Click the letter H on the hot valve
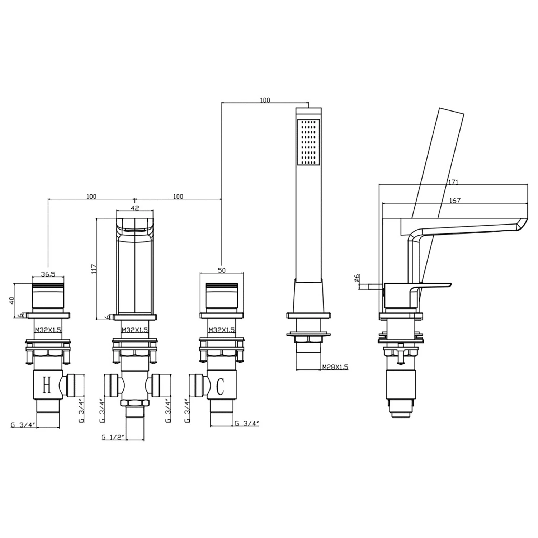tap(47, 385)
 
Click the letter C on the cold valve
tap(221, 386)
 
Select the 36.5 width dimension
tap(48, 274)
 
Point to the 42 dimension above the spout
tap(135, 208)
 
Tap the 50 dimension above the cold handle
tap(222, 270)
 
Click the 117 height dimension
tap(94, 269)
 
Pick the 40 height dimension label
tap(11, 300)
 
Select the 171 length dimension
tap(453, 182)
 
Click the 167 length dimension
tap(454, 201)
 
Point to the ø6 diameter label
tap(357, 278)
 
